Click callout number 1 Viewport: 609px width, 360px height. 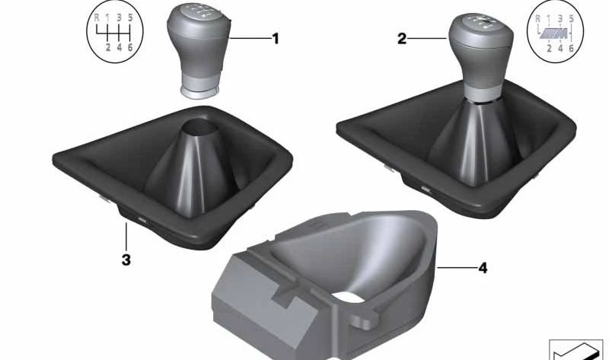[276, 39]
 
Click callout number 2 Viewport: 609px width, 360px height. [402, 39]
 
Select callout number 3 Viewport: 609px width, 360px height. [126, 260]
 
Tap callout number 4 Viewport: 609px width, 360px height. [483, 268]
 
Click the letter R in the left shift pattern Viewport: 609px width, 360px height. [97, 18]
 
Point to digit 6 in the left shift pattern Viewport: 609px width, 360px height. [130, 47]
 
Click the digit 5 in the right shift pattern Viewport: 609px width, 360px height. [572, 18]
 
